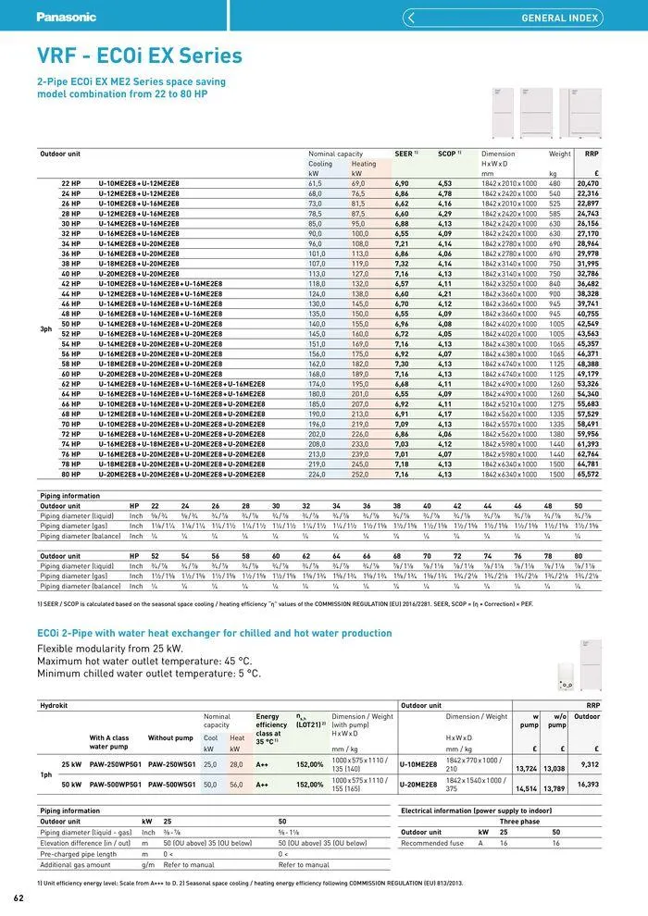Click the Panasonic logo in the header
pos(66,17)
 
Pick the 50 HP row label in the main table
pos(71,324)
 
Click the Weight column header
pos(559,154)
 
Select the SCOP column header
pos(448,154)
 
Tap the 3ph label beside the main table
pos(45,328)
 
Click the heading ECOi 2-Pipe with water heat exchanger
pos(200,633)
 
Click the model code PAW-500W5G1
pos(170,784)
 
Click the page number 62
pos(19,898)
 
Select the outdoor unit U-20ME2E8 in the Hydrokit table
pos(418,784)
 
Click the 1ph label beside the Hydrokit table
pos(45,774)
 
